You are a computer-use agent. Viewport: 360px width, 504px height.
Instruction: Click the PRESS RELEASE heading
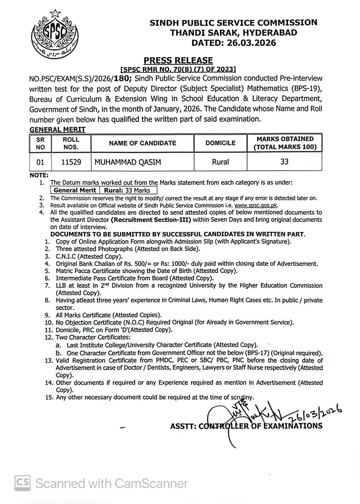click(x=178, y=60)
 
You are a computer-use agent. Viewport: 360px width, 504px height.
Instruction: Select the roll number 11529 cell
click(x=71, y=162)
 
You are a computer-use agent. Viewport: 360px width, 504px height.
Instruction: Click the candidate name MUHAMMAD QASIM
click(x=127, y=162)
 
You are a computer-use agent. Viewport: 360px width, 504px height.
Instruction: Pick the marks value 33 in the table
click(x=284, y=161)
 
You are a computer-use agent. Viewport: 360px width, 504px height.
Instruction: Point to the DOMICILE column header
click(x=220, y=143)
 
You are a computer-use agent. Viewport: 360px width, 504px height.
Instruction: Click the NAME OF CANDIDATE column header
click(x=142, y=143)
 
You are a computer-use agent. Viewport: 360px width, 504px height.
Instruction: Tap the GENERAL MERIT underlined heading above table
click(x=57, y=130)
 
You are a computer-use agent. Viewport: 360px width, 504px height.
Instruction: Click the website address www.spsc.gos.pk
click(x=256, y=205)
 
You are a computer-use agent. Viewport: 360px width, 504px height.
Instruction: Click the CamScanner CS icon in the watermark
click(x=23, y=483)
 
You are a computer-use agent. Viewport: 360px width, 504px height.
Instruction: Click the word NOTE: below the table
click(x=39, y=175)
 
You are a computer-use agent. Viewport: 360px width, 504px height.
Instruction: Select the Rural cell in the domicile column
click(x=220, y=162)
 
